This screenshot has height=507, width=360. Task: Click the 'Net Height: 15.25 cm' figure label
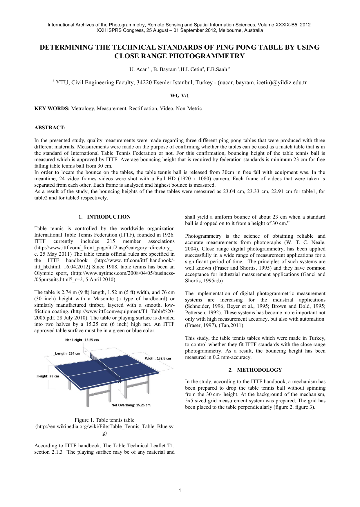coord(82,340)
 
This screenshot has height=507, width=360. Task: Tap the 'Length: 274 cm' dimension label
coord(68,353)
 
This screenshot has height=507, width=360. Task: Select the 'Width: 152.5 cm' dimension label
coord(158,359)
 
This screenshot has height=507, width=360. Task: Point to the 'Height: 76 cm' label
coord(48,376)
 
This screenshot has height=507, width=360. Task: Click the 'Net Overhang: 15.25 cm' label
coord(131,405)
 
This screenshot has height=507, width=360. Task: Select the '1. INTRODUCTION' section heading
coord(104,217)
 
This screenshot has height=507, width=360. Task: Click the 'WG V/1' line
coord(180,96)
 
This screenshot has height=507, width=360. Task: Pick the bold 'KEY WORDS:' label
coord(52,108)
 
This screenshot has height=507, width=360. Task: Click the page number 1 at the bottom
coord(180,490)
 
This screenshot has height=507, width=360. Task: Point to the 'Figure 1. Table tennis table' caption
coord(104,420)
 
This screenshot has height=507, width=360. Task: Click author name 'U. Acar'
coord(138,69)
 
